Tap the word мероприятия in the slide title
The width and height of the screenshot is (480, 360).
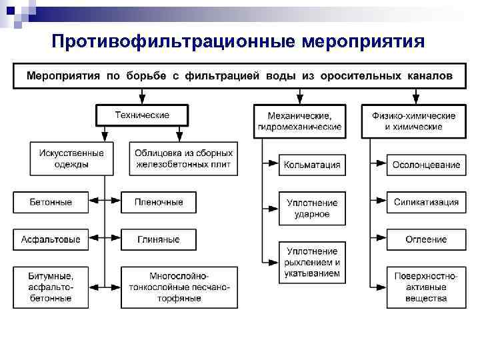362,42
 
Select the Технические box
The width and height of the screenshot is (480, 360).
142,115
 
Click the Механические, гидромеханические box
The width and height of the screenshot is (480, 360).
299,121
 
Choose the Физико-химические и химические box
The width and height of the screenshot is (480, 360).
413,121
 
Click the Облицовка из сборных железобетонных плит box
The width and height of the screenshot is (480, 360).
183,159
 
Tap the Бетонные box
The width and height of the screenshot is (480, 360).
51,201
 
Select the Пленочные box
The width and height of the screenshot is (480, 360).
159,201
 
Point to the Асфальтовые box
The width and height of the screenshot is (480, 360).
51,239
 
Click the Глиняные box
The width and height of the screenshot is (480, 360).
159,239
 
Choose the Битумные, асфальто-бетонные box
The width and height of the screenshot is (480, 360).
51,287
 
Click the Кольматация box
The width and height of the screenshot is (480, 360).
312,165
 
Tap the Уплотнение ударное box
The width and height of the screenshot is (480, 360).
312,208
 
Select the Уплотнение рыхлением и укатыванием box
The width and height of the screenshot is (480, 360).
312,262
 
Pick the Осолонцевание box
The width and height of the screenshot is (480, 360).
426,165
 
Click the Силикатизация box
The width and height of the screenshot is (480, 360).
426,201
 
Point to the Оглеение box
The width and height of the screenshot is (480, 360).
426,239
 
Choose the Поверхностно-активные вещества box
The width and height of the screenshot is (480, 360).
426,287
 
